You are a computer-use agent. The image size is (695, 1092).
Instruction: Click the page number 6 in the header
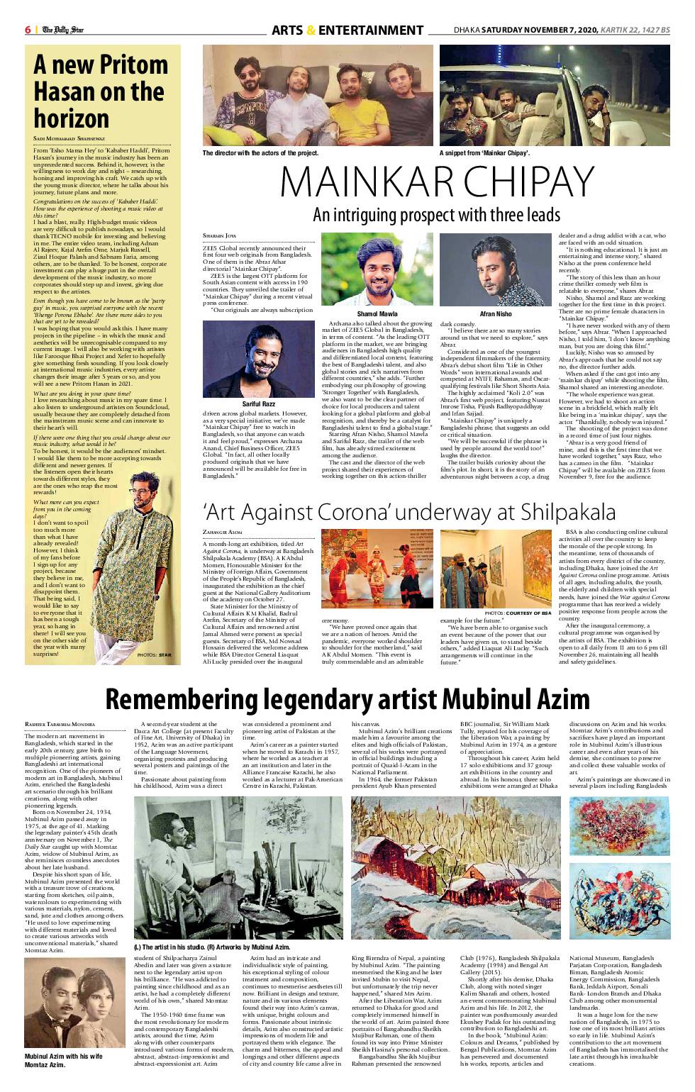[28, 30]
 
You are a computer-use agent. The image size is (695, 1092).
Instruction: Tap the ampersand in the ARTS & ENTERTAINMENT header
[311, 30]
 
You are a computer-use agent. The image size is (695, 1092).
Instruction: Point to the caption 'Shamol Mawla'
[377, 313]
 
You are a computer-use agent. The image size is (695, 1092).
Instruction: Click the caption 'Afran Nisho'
[495, 313]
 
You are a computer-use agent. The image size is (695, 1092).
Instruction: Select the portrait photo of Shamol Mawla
[377, 269]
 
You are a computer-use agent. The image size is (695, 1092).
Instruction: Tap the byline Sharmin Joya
[218, 235]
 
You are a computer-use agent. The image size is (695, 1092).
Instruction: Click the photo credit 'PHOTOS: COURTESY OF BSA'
[518, 613]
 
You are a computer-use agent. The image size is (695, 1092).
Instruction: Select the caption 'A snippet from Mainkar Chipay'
[484, 152]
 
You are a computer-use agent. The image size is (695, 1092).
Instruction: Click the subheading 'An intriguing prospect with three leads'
[436, 214]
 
